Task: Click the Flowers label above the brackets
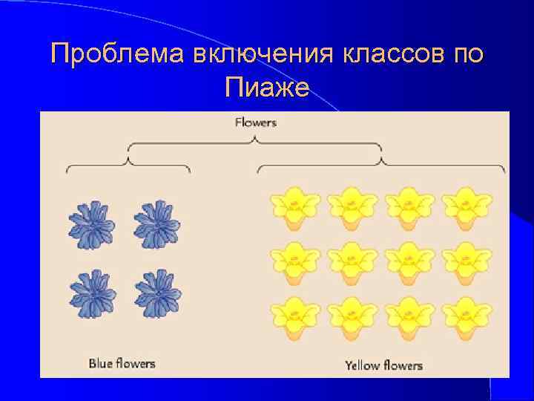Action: coord(255,122)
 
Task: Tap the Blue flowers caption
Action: coord(122,363)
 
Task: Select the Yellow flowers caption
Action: coord(383,365)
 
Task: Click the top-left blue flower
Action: coord(92,225)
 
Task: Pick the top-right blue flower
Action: coord(156,225)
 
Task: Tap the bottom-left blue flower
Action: coord(92,293)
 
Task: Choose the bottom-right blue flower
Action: coord(156,293)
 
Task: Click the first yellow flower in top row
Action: coord(295,208)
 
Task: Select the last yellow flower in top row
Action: coord(467,208)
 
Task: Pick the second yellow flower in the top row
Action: coord(352,208)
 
